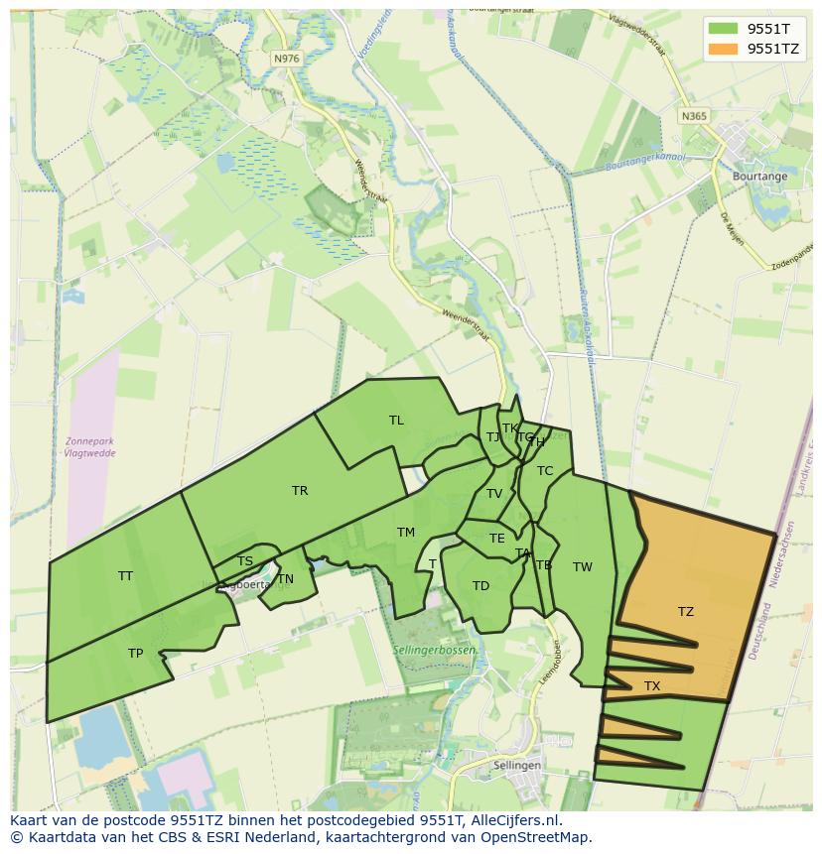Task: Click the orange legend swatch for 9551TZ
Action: coord(724,49)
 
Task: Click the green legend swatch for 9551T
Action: coord(724,28)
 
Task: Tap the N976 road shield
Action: coord(286,59)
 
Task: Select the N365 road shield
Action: coord(694,116)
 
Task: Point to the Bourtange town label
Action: coord(759,177)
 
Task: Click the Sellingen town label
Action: coord(517,766)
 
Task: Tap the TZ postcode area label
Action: coord(686,612)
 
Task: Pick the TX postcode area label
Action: coord(652,686)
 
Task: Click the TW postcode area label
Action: coord(583,567)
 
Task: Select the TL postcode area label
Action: coord(396,421)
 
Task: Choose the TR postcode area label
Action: coord(300,491)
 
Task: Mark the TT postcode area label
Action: coord(125,576)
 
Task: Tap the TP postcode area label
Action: coord(136,654)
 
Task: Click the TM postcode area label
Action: coord(406,533)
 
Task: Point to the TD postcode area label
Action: coord(481,586)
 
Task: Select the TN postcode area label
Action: coord(286,579)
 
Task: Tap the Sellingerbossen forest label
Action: coord(436,650)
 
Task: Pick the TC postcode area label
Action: coord(545,471)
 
